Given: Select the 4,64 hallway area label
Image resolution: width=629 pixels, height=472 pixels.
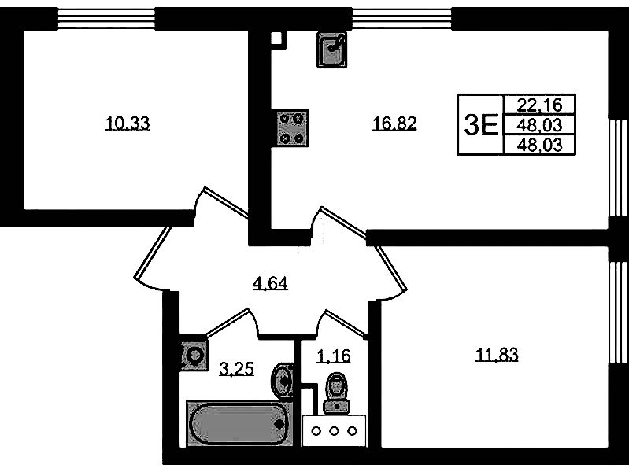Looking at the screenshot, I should (269, 283).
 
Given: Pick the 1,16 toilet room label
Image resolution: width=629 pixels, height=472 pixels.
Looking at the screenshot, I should (333, 356).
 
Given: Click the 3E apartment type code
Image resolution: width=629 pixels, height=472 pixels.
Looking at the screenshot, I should (481, 124).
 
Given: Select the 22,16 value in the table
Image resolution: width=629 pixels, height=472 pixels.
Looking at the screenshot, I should (540, 104).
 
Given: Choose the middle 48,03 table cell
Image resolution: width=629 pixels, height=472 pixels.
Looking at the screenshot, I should (540, 124).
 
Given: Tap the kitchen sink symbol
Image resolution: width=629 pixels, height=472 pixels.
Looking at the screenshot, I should (333, 50).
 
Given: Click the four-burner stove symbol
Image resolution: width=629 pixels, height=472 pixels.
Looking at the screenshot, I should (292, 127).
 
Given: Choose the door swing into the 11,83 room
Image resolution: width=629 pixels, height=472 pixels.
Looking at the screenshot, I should (386, 267).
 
